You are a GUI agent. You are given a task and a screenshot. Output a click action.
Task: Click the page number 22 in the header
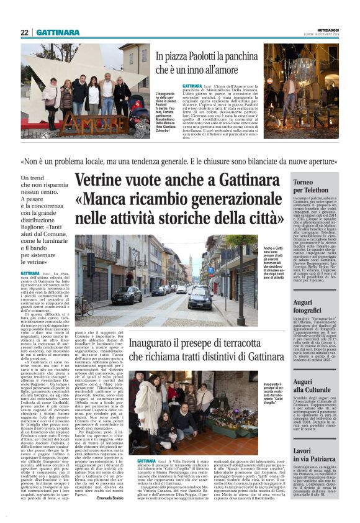[x=25, y=33]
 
